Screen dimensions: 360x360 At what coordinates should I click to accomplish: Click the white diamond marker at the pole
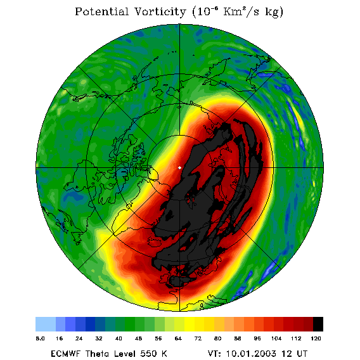click(179, 168)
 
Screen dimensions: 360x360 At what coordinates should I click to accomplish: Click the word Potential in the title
click(101, 11)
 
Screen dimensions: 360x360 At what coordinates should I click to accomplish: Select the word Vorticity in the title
click(160, 12)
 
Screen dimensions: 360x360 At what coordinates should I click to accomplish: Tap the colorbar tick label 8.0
click(40, 338)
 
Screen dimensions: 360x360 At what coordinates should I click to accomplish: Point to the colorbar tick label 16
click(59, 338)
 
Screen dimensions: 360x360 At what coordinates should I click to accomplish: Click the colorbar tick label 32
click(99, 338)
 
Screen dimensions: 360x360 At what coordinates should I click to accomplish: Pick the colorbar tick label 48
click(138, 338)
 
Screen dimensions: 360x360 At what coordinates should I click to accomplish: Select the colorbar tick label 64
click(178, 338)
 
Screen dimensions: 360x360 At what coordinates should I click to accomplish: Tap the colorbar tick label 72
click(198, 338)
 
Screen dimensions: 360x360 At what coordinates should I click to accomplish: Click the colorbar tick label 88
click(237, 338)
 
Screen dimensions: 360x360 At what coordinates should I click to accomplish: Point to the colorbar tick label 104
click(276, 338)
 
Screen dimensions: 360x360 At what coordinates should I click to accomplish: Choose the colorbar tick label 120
click(316, 338)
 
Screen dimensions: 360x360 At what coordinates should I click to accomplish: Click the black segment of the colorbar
click(318, 324)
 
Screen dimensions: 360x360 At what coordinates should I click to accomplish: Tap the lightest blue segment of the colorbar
click(46, 324)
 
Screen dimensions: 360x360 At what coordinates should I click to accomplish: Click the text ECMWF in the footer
click(65, 354)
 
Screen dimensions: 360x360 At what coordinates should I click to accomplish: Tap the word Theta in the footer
click(98, 354)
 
